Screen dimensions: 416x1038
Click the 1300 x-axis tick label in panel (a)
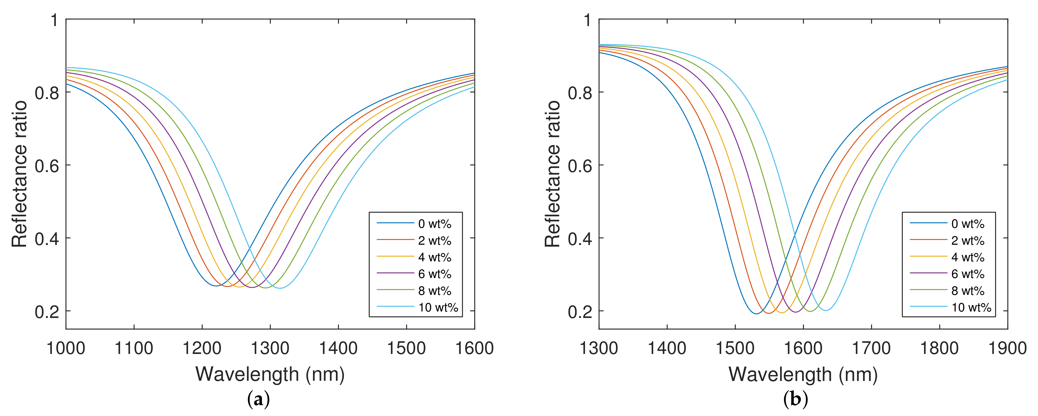pyautogui.click(x=270, y=348)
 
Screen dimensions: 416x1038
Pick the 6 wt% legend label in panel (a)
pyautogui.click(x=434, y=274)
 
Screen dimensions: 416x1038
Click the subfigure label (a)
pyautogui.click(x=258, y=399)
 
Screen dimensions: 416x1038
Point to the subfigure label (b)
pyautogui.click(x=795, y=399)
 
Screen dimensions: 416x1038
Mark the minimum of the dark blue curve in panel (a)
pyautogui.click(x=216, y=286)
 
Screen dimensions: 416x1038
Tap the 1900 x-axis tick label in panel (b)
pyautogui.click(x=1007, y=348)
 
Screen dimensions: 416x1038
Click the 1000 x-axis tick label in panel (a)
pyautogui.click(x=66, y=348)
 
